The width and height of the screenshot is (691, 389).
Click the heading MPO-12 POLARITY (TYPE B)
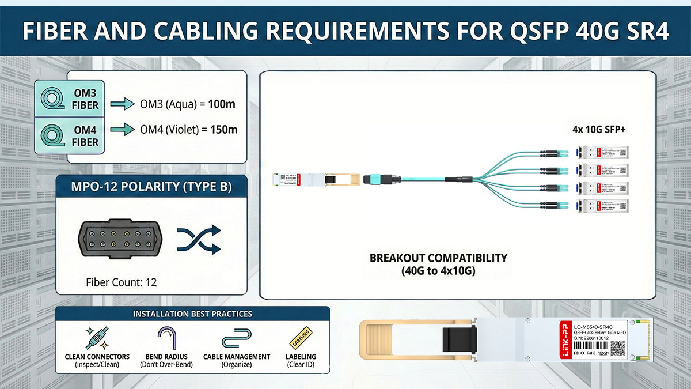[152, 187]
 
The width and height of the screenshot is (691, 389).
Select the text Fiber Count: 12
[121, 282]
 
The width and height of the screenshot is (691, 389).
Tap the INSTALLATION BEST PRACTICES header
[192, 314]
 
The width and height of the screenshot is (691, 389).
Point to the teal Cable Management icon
[236, 338]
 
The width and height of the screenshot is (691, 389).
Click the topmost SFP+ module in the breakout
[602, 152]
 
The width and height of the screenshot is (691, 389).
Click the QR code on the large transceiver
[617, 348]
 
